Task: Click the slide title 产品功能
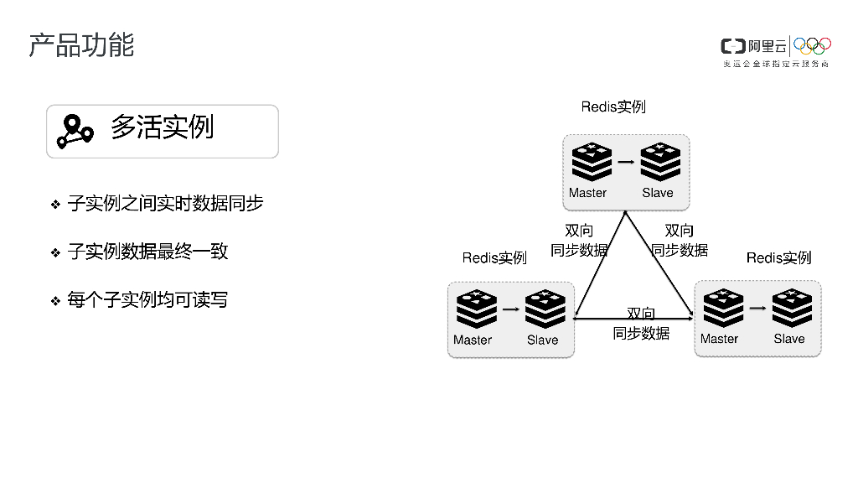pos(81,45)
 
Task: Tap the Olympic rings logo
pos(812,45)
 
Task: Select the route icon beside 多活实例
pos(74,131)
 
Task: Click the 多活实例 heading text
pos(162,127)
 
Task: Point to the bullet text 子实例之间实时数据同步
pos(165,203)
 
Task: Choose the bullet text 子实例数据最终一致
pos(147,252)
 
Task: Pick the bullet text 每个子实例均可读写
pos(147,300)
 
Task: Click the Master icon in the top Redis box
pos(592,163)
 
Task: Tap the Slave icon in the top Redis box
pos(660,163)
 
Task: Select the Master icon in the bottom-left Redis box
pos(476,309)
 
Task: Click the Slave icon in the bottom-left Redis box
pos(545,309)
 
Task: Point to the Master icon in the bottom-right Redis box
pos(722,309)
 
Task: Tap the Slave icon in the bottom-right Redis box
pos(791,309)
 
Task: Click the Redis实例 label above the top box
pos(613,107)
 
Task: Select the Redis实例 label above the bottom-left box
pos(494,258)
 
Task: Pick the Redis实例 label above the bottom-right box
pos(779,257)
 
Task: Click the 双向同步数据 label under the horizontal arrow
pos(641,324)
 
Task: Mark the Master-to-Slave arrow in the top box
pos(626,162)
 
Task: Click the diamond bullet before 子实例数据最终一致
pos(55,252)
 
